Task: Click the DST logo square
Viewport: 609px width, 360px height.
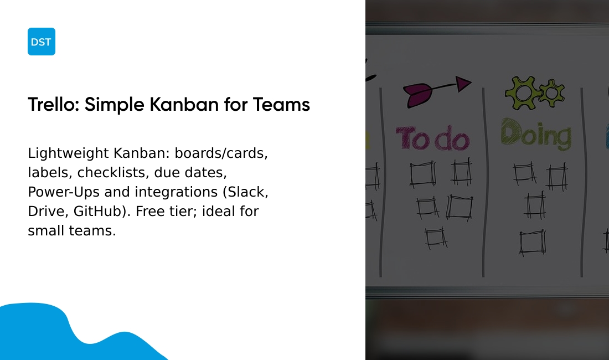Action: point(42,42)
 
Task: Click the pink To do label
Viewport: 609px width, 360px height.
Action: point(432,138)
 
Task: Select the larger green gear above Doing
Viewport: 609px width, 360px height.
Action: point(521,92)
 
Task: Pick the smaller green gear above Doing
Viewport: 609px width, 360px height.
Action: point(551,92)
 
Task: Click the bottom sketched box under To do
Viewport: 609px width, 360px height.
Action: point(436,238)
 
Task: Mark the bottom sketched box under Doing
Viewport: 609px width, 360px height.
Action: point(533,243)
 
